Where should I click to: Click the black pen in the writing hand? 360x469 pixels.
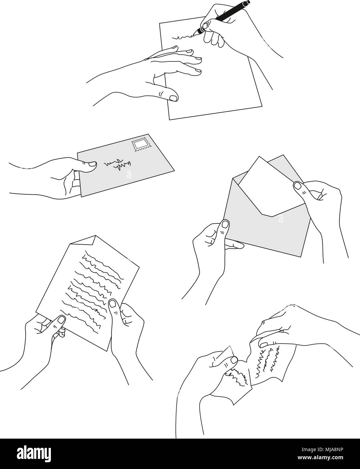(x=222, y=17)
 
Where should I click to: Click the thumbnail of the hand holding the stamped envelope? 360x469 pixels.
(x=92, y=164)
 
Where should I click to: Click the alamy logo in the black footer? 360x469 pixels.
(x=34, y=452)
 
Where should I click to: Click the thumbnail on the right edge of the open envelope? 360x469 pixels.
(x=298, y=185)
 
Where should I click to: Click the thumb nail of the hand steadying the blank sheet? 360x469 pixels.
(x=173, y=98)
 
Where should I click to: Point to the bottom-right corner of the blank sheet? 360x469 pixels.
(x=262, y=106)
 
